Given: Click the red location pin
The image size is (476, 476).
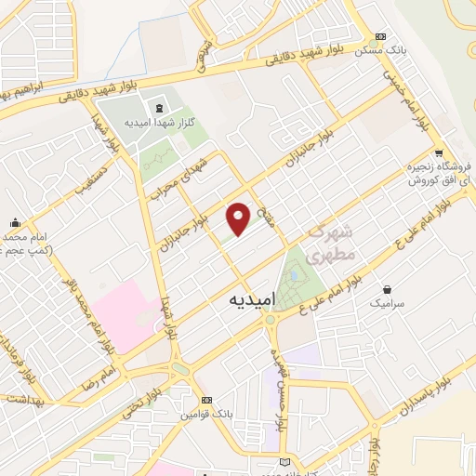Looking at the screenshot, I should point(239,218).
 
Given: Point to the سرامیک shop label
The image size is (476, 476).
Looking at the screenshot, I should point(388,304).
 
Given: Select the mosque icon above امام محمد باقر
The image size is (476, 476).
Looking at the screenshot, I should point(15,223).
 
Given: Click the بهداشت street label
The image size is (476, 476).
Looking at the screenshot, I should point(25,398).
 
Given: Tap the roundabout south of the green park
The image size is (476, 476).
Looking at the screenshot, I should point(271,320).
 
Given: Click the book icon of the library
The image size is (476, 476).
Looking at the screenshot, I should point(284,462).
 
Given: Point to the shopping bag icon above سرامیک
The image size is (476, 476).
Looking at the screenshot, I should point(387,289).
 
